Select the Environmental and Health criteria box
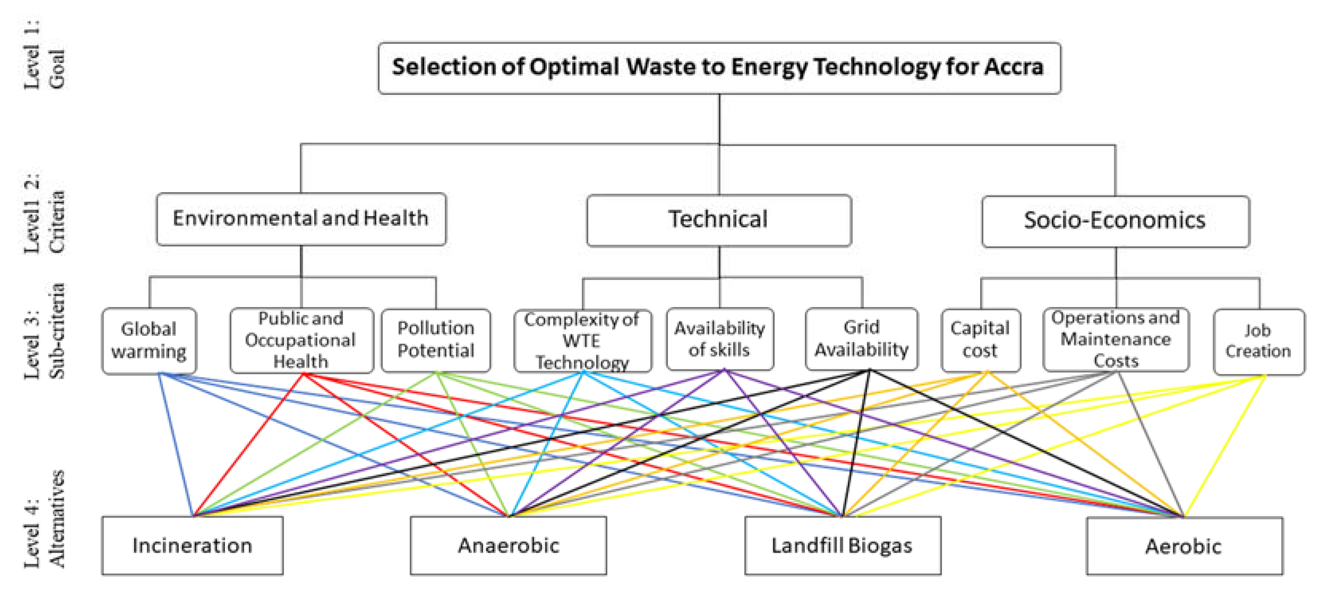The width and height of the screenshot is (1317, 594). point(301,219)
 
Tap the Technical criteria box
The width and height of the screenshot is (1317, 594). point(719,220)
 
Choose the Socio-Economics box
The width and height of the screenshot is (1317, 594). point(1115,221)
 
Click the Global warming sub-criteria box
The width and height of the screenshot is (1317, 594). point(149,340)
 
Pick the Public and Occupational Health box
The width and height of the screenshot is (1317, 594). point(301,340)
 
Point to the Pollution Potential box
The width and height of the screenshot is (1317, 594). point(436,340)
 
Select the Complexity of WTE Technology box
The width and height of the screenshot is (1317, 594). point(582,340)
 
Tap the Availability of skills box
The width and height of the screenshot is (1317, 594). point(719,339)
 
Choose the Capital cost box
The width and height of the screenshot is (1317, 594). point(980,340)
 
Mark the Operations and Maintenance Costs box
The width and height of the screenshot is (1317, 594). point(1115,339)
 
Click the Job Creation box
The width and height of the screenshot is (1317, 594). point(1258,341)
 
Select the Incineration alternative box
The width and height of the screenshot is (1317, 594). point(192,545)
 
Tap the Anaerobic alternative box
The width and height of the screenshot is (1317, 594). point(508,545)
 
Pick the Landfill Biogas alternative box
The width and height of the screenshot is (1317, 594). point(842,545)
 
